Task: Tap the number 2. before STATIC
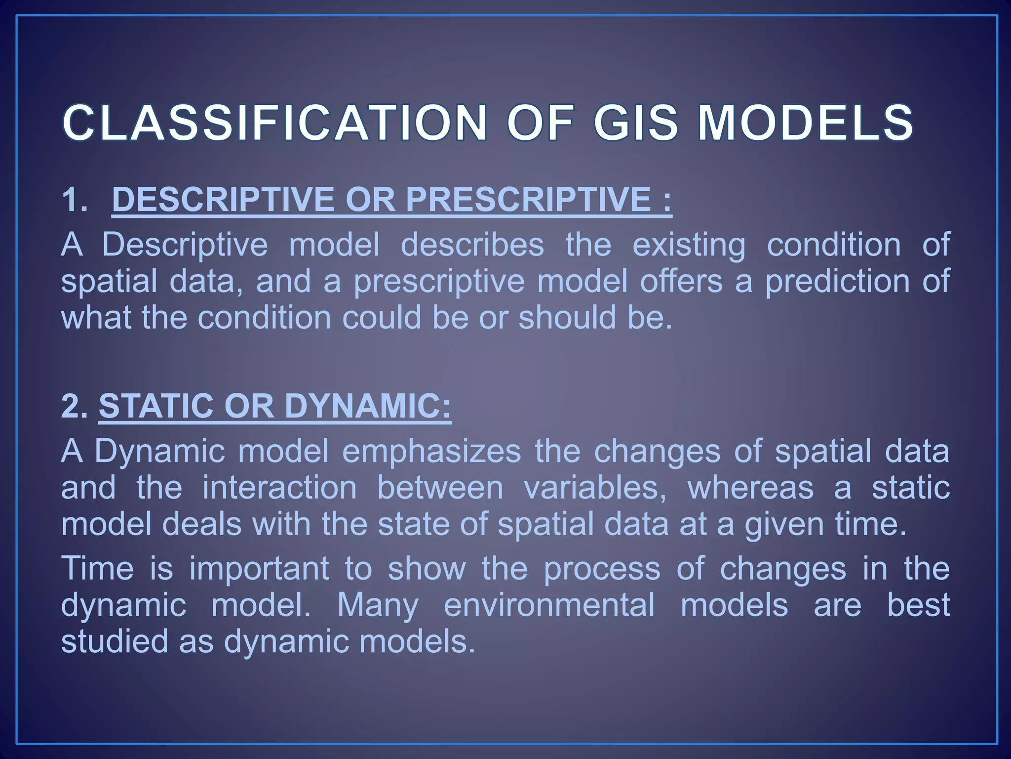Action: point(74,406)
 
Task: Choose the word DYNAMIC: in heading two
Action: point(368,406)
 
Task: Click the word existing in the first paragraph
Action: point(689,245)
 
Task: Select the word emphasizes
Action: point(431,451)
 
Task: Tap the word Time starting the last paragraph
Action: point(97,568)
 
